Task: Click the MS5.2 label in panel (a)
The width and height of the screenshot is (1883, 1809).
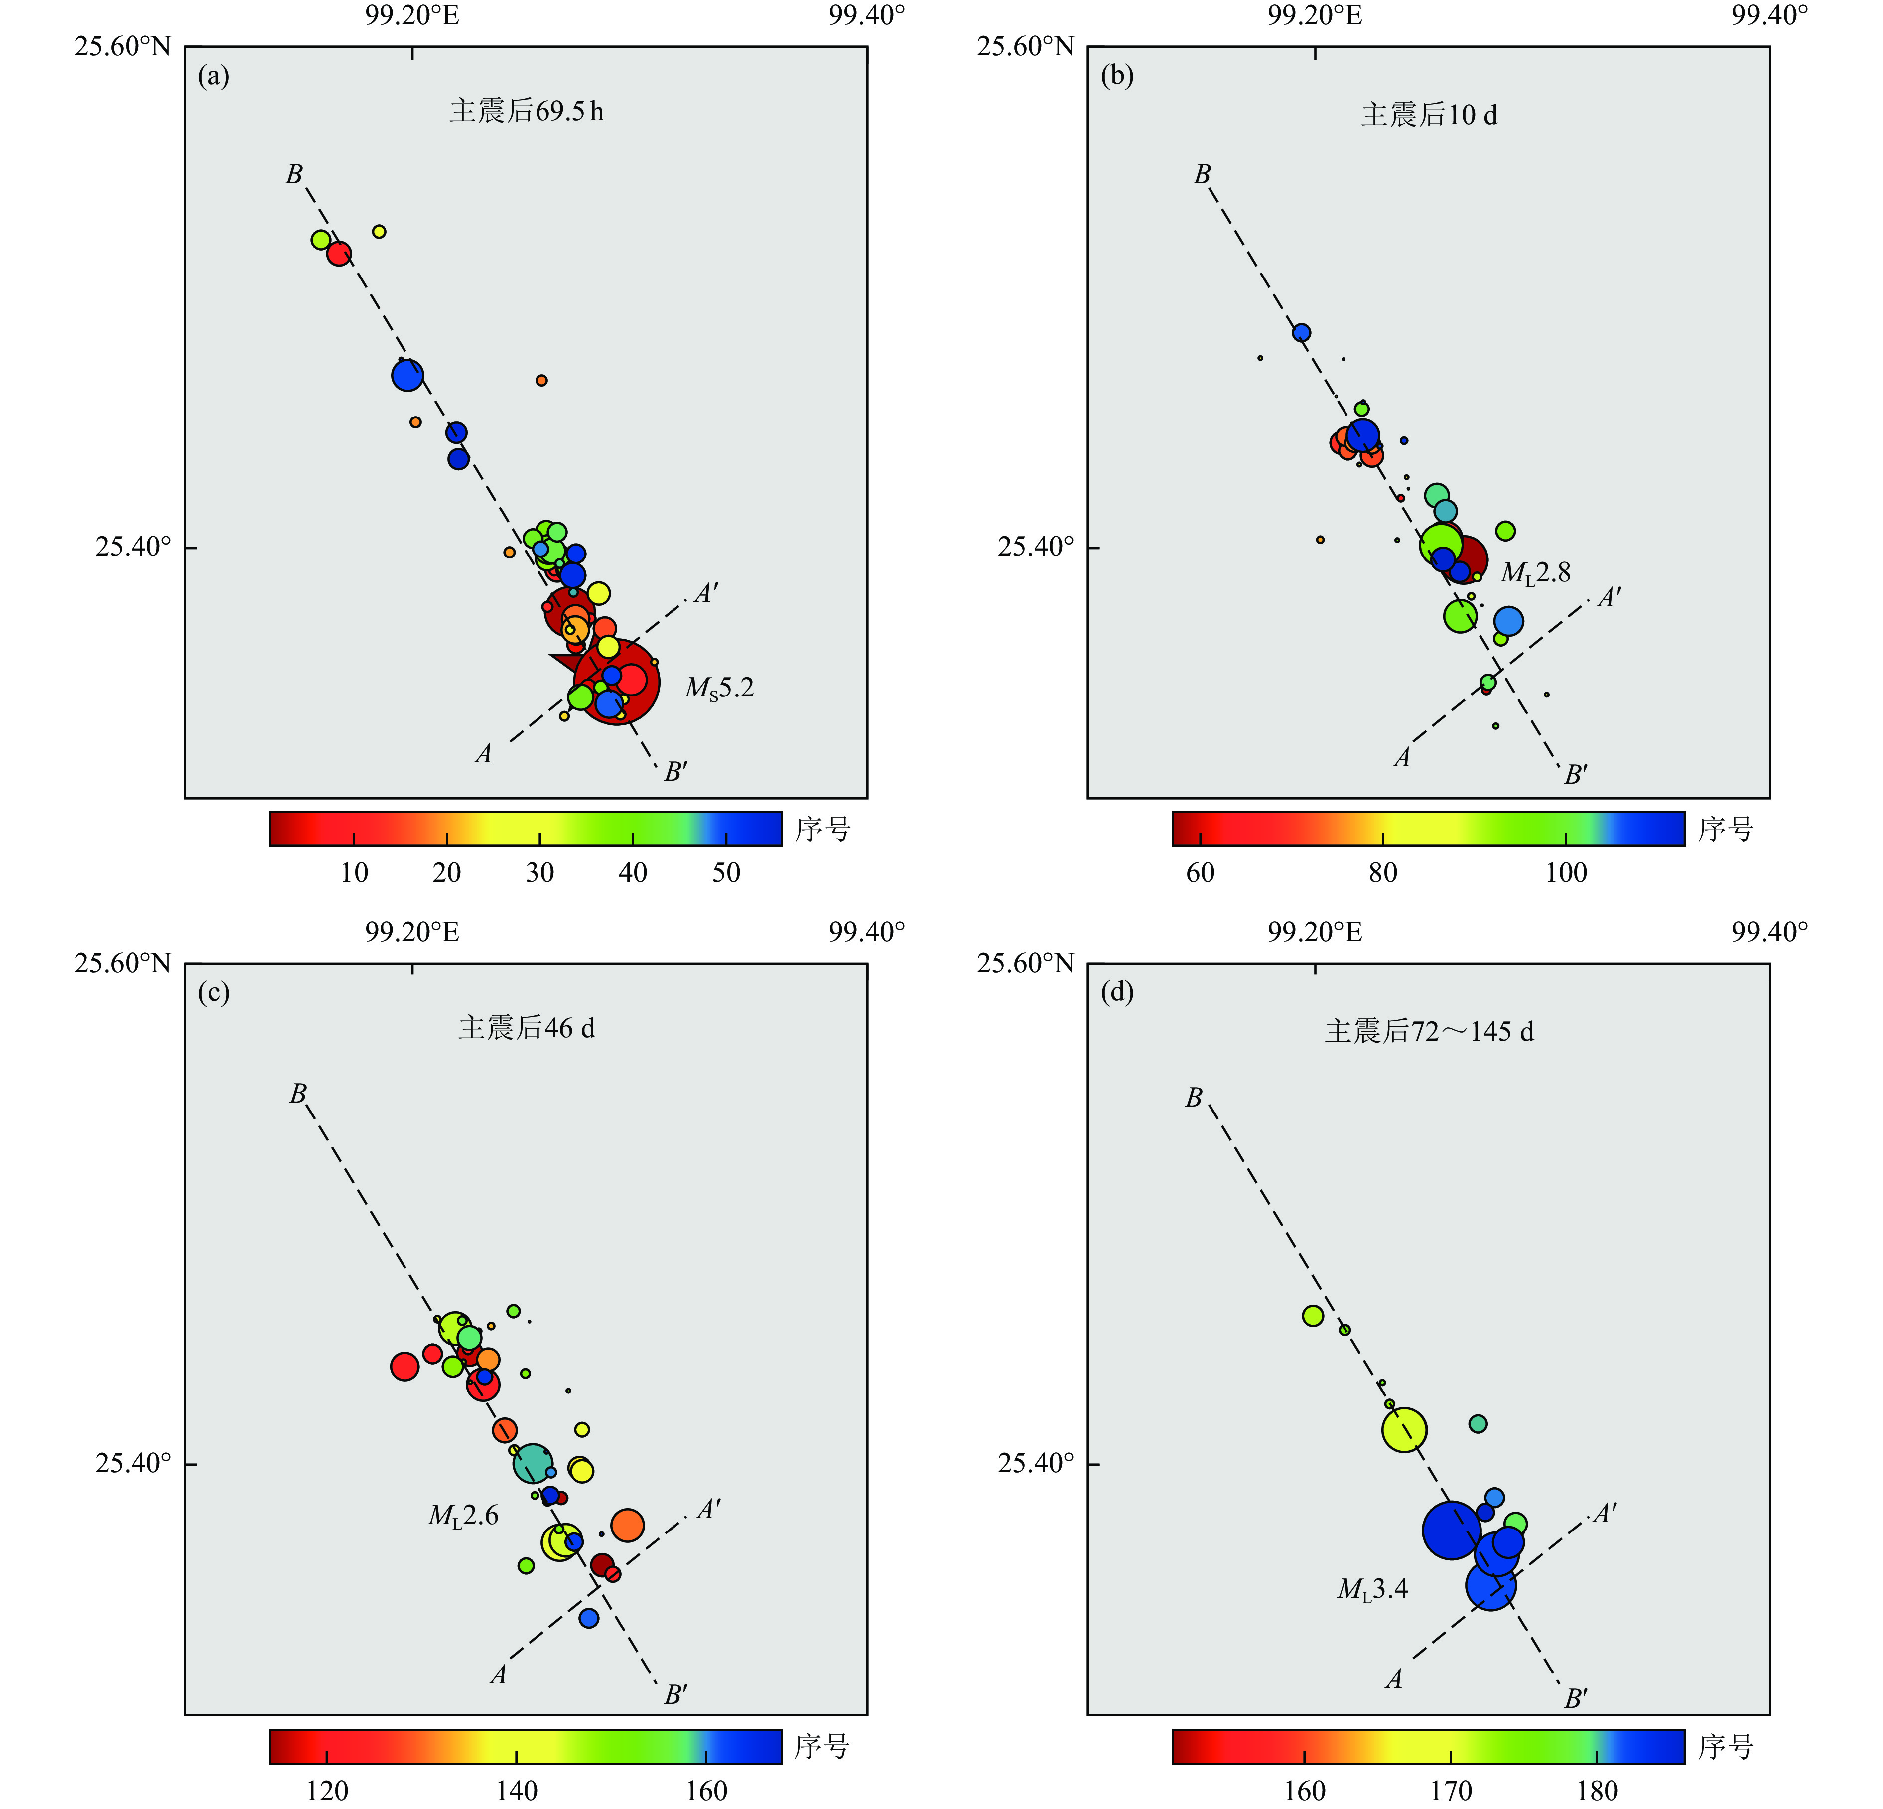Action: point(719,689)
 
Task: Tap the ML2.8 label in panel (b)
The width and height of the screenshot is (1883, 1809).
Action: point(1535,573)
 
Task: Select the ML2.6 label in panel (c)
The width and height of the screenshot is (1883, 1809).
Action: point(463,1516)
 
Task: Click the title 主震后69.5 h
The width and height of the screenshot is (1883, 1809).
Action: point(527,112)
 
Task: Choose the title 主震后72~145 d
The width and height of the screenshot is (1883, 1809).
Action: point(1429,1032)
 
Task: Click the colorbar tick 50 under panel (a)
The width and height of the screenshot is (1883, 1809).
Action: point(725,872)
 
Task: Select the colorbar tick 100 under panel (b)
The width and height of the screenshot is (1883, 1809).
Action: point(1566,872)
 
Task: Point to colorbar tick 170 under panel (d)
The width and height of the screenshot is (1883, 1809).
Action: point(1451,1791)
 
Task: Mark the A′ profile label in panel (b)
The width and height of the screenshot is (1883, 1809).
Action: point(1608,597)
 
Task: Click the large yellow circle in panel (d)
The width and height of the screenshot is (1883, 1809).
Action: point(1404,1429)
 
